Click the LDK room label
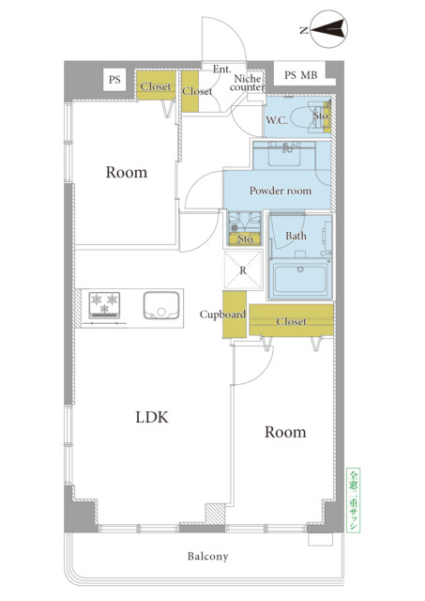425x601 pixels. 152,417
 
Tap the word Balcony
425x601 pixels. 207,556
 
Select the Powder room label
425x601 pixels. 281,191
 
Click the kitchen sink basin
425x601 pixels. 161,305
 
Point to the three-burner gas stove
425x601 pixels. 104,305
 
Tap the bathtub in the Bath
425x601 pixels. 300,279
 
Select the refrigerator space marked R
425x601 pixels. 243,270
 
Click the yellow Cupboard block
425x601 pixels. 235,315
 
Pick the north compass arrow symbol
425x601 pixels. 328,29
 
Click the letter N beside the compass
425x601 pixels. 304,30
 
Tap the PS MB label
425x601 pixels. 300,75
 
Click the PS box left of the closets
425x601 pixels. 114,80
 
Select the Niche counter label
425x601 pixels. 248,83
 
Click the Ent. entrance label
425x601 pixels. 221,69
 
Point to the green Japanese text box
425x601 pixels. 354,501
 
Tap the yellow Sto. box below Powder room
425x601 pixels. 245,239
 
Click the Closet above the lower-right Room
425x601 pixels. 291,320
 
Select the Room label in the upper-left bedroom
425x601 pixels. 127,173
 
